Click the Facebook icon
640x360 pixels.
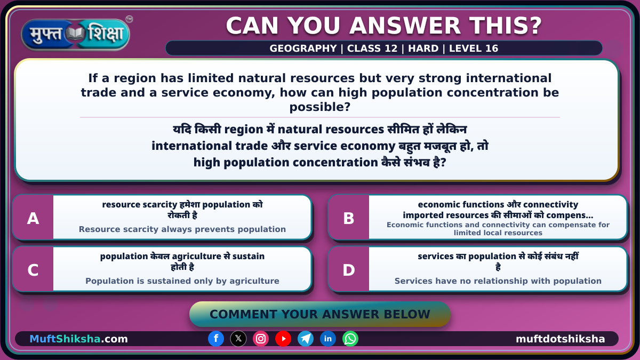coord(216,339)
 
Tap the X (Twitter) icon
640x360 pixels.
coord(238,339)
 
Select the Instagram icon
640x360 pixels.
coord(261,339)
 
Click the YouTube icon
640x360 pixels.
coord(283,339)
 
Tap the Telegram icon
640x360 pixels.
coord(306,339)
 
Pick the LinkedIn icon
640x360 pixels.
coord(327,339)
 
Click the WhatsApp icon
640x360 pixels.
coord(350,339)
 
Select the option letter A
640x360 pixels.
coord(33,218)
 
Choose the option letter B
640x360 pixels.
coord(349,218)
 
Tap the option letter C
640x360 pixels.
coord(33,270)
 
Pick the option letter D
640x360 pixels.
coord(349,270)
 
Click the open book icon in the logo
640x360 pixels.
coord(75,34)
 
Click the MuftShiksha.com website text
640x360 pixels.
coord(78,339)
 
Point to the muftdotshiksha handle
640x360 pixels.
coord(561,339)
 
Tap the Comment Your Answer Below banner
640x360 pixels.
coord(319,314)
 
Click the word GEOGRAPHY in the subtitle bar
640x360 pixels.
coord(303,49)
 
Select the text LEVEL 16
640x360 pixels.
coord(474,49)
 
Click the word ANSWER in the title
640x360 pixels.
coord(405,26)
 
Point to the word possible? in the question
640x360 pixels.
coord(319,107)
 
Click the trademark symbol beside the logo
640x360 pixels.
coord(129,19)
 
